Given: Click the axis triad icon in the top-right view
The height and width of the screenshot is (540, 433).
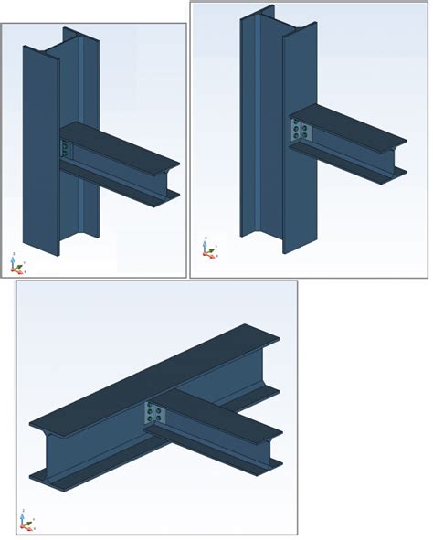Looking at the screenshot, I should point(207,248).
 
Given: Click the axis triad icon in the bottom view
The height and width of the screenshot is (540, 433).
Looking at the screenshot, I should point(26,521).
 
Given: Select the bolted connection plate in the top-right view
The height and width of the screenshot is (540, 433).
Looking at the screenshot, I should point(301,130).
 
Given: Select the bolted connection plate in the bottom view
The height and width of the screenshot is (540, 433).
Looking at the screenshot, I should point(153,416).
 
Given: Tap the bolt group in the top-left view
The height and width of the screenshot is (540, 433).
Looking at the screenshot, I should point(64,149).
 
